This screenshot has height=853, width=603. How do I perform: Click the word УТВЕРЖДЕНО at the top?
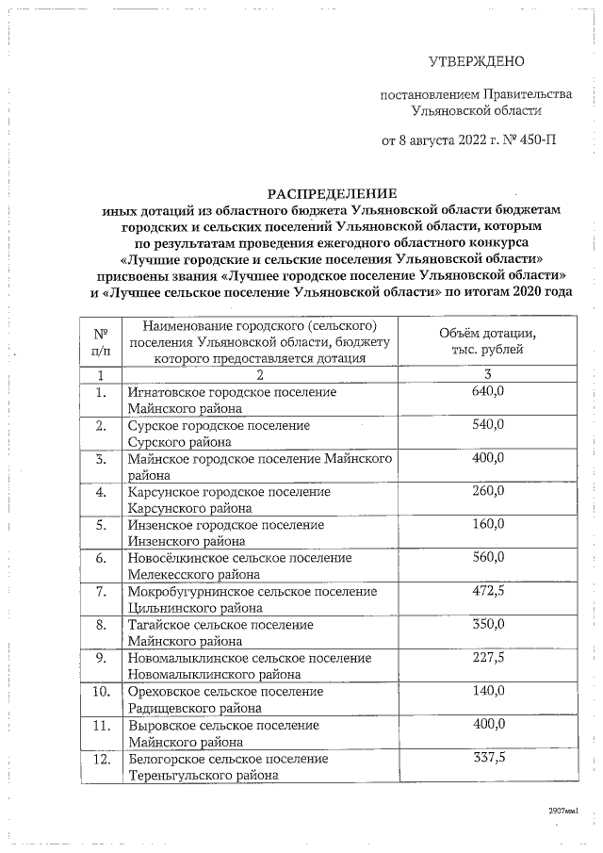click(476, 62)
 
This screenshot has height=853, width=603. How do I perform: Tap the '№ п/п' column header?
click(100, 342)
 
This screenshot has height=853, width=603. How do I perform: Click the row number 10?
click(100, 692)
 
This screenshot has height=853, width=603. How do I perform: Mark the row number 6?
click(100, 559)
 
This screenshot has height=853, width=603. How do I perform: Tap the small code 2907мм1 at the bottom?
click(561, 810)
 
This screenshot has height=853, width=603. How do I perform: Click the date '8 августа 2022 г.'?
click(447, 141)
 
